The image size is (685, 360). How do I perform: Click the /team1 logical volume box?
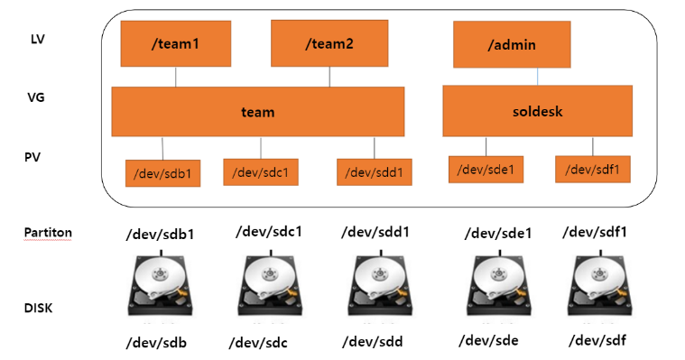[x=176, y=43]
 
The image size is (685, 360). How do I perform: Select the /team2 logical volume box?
[x=329, y=43]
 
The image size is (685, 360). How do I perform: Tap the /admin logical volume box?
[x=512, y=44]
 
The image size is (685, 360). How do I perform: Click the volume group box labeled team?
[x=258, y=111]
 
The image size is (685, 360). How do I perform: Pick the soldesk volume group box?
[x=537, y=111]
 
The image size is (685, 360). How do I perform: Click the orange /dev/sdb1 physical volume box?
[x=163, y=173]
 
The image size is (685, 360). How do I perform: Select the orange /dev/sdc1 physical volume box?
[x=261, y=172]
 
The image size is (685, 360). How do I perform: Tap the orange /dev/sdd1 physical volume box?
[x=375, y=172]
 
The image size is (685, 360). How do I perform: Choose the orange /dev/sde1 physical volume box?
[x=486, y=170]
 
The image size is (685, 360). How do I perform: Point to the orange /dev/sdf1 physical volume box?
[x=593, y=169]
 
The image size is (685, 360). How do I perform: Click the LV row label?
[x=38, y=40]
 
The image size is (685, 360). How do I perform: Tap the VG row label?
[x=36, y=97]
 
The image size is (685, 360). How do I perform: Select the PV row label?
[x=32, y=157]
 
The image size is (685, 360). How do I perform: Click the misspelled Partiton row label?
[x=48, y=233]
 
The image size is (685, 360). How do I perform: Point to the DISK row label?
[x=39, y=308]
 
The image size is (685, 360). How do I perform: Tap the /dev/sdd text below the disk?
[x=372, y=342]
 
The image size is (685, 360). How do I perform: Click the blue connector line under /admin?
[x=537, y=77]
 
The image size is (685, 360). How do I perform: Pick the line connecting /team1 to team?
[x=176, y=77]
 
